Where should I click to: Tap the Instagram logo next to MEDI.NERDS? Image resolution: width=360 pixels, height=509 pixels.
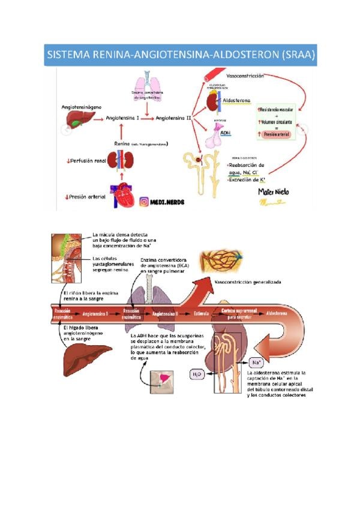145,202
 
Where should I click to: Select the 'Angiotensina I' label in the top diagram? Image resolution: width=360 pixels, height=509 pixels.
122,119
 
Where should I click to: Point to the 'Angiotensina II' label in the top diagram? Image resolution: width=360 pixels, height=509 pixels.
173,119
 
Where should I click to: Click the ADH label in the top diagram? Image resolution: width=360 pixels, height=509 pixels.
226,133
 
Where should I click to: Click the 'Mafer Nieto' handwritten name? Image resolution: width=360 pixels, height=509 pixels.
274,191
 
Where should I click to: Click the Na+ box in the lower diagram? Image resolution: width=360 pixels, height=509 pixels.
257,363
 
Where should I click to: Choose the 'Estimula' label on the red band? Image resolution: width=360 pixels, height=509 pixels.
201,313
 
